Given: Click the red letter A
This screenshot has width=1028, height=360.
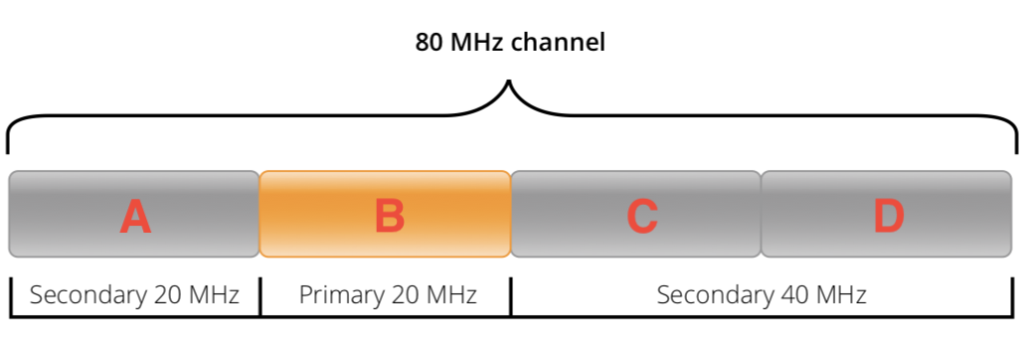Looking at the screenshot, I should pyautogui.click(x=134, y=216).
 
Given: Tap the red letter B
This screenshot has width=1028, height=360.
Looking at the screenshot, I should pyautogui.click(x=389, y=216).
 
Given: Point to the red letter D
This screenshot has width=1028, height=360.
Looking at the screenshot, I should pyautogui.click(x=888, y=216).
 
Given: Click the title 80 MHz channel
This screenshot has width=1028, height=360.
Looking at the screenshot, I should pyautogui.click(x=510, y=44).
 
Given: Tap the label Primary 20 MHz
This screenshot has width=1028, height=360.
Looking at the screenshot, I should pyautogui.click(x=388, y=295).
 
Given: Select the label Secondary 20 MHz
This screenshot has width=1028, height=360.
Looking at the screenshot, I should pyautogui.click(x=134, y=295).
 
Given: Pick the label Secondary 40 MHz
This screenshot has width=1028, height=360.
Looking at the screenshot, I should pyautogui.click(x=762, y=295).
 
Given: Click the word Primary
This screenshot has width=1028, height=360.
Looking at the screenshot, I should pyautogui.click(x=338, y=295).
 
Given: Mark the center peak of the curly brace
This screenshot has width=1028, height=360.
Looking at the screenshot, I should pyautogui.click(x=510, y=84).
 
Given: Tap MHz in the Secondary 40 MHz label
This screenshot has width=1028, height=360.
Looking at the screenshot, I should pyautogui.click(x=841, y=295).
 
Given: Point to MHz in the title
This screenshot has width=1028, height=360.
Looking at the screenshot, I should pyautogui.click(x=477, y=44).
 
